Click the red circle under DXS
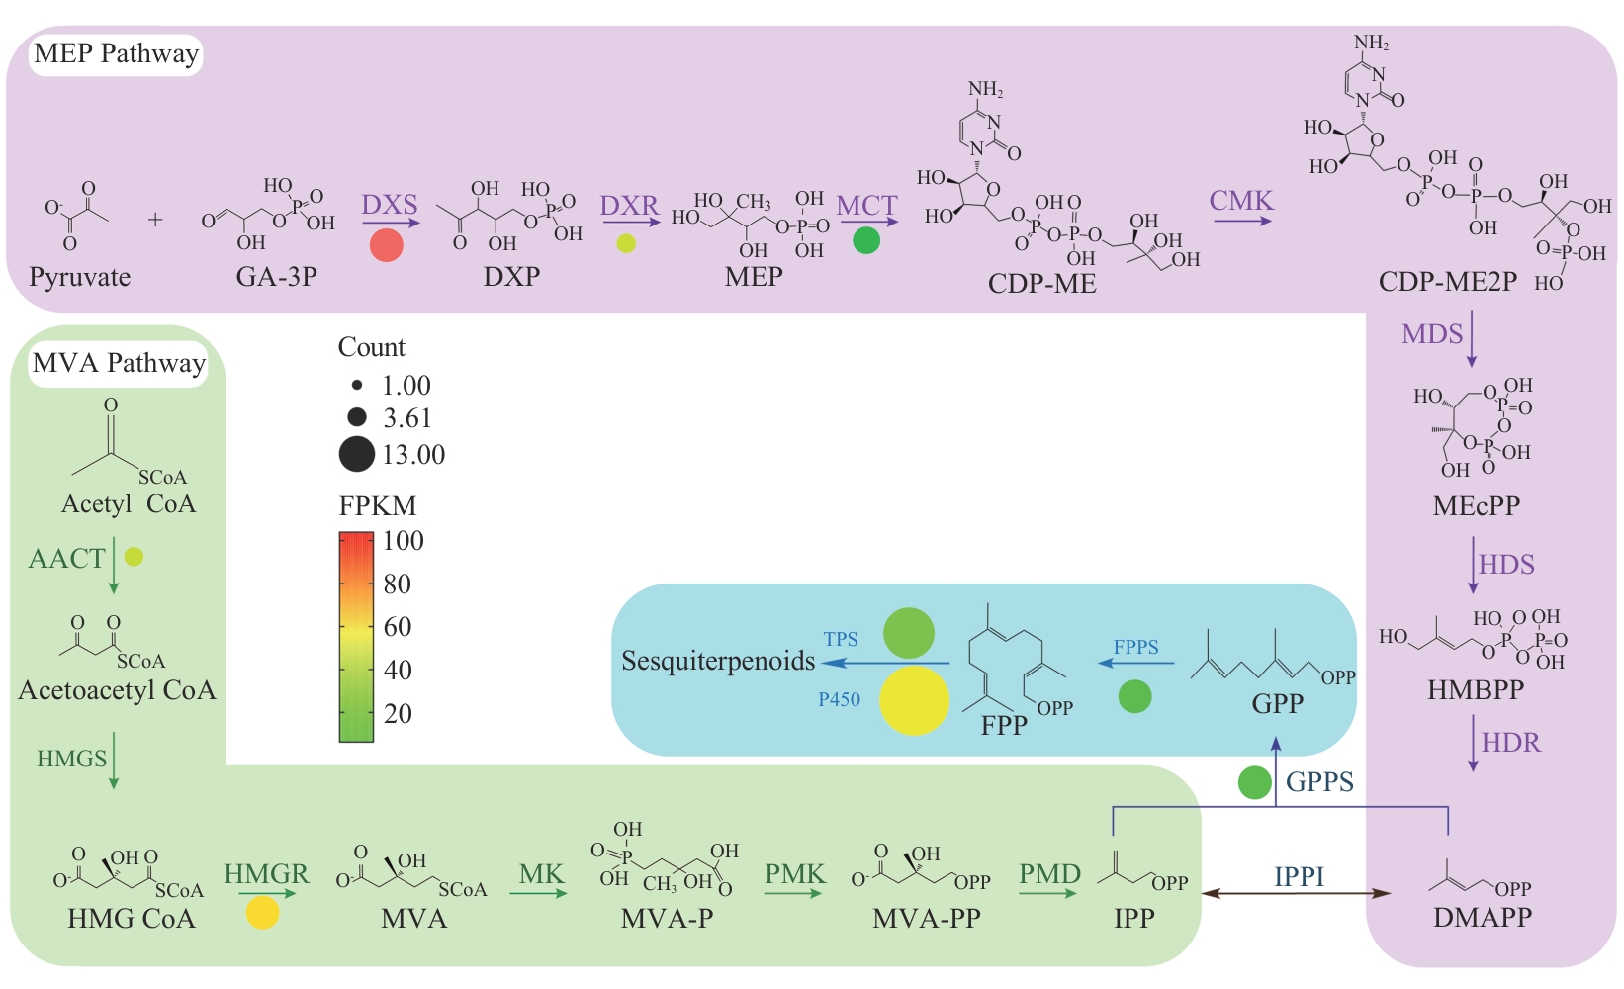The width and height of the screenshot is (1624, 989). tap(387, 244)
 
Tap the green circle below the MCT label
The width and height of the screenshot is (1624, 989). tap(866, 239)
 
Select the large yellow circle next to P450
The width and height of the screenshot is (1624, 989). tap(914, 700)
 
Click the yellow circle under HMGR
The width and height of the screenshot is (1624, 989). tap(263, 912)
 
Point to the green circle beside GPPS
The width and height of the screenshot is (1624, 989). tap(1255, 782)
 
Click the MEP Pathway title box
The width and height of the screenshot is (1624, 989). tap(116, 53)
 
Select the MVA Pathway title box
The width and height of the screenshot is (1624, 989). tap(119, 363)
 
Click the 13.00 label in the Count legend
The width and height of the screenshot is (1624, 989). tap(413, 455)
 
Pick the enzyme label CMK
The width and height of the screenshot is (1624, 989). tap(1241, 201)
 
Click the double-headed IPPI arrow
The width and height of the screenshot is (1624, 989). tap(1298, 894)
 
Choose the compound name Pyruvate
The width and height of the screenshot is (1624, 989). tap(80, 277)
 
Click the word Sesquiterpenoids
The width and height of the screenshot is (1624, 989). tap(718, 661)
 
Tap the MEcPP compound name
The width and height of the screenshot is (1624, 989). tap(1476, 506)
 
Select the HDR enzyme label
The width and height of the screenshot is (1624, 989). tap(1510, 743)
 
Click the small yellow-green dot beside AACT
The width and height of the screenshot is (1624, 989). tap(135, 557)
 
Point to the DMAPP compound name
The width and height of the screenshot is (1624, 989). tap(1482, 918)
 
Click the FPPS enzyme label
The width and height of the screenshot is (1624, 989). tap(1135, 647)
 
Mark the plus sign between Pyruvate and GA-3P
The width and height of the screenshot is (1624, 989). tap(155, 220)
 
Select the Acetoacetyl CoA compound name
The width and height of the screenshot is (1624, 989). tap(117, 690)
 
